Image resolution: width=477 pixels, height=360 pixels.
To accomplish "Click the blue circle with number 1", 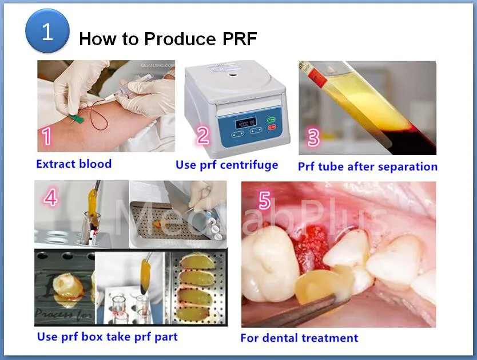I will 47,31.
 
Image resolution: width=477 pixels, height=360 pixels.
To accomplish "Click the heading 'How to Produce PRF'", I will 168,39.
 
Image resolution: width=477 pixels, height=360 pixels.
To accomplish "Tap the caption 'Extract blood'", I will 74,164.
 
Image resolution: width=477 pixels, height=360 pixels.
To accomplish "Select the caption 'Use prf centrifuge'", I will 226,165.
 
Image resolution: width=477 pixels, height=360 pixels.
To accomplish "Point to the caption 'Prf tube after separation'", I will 367,167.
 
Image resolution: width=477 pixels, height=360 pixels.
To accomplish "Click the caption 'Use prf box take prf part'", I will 107,337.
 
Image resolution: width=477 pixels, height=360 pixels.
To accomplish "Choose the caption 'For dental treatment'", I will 299,338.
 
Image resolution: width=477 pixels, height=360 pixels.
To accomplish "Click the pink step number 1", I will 46,136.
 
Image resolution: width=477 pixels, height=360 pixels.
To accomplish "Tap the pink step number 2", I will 202,136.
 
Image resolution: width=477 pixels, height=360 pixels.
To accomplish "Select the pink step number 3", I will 313,137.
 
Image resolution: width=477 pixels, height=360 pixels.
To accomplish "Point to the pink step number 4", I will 50,197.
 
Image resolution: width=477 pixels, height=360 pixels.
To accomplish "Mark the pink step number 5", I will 264,200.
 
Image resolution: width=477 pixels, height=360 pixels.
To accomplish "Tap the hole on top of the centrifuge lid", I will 233,74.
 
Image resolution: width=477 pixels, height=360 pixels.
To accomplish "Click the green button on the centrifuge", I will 271,119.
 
